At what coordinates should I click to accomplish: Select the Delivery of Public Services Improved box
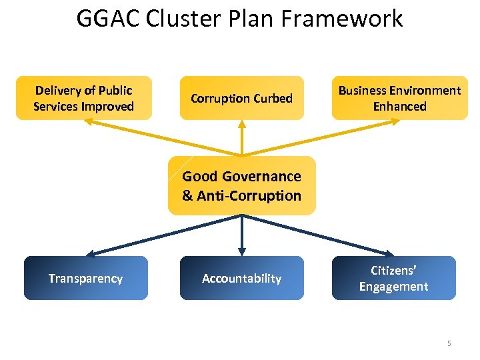(84, 98)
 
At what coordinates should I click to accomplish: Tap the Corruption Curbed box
(241, 98)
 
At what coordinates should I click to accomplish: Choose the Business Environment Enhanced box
(399, 98)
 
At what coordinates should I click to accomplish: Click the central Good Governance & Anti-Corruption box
(241, 186)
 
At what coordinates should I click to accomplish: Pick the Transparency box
(85, 278)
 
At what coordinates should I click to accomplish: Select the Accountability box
(241, 278)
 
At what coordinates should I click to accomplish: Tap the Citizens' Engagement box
(393, 278)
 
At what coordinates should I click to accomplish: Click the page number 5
(449, 343)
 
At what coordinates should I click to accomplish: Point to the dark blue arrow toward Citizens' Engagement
(320, 235)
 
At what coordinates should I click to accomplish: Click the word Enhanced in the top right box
(399, 106)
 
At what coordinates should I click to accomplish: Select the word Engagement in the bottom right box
(393, 287)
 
